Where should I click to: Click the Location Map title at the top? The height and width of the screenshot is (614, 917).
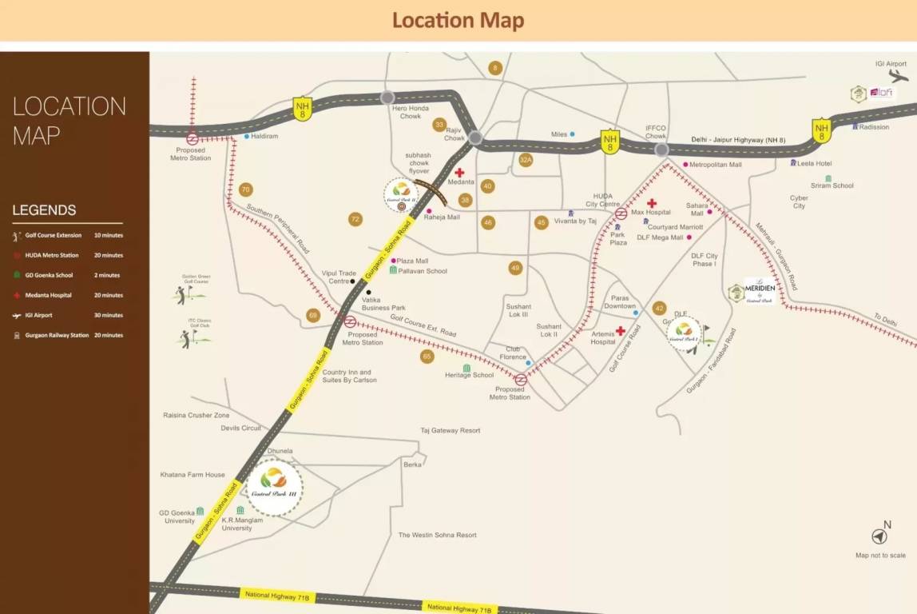pos(458,20)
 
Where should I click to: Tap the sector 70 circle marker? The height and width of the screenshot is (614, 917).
pos(245,189)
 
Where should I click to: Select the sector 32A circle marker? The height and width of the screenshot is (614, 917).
pos(525,160)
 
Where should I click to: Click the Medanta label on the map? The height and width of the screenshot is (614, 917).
pos(461,182)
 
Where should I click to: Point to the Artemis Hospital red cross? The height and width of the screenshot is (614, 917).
pos(620,330)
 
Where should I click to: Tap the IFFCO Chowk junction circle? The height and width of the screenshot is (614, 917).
pos(661,150)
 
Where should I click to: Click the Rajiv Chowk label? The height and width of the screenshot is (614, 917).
pos(455,134)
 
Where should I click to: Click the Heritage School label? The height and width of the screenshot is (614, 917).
pos(469,375)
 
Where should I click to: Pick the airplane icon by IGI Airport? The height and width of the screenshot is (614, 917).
pos(898,77)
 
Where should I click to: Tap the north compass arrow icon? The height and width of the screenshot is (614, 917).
pos(879,536)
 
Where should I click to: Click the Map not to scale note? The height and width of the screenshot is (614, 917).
pos(880,556)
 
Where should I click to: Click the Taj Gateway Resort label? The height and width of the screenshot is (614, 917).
pos(451,431)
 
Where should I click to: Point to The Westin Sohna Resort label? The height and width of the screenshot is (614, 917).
pos(437,535)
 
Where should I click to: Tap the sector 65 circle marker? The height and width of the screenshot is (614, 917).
pos(427,357)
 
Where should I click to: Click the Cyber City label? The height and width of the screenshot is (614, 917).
pos(799,201)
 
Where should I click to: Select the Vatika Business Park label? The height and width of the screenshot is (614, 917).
pos(383,304)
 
